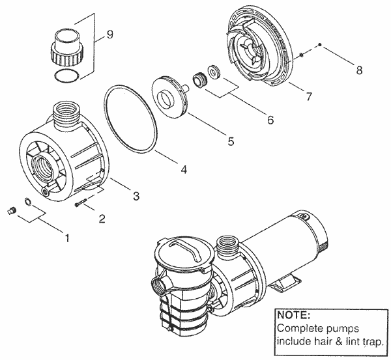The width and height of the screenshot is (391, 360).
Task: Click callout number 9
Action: pos(109,35)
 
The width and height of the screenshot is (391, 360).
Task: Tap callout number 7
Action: pos(309,97)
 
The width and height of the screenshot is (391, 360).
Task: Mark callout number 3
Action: pos(136,195)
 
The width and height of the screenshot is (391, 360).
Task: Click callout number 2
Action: pos(102,219)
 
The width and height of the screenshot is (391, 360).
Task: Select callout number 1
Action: pos(65,237)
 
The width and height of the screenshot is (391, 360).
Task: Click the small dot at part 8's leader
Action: pos(321,45)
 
